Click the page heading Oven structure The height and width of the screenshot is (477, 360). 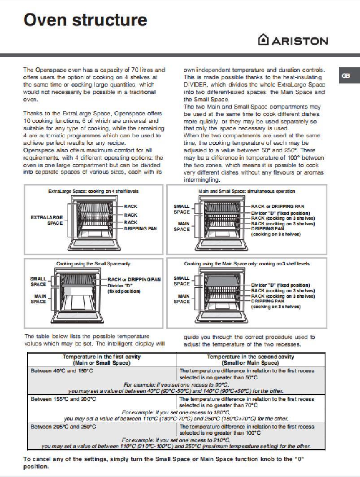click(85, 20)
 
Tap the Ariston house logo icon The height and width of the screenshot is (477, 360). click(263, 40)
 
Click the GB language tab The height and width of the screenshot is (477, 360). click(346, 76)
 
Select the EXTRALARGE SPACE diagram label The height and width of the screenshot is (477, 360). click(47, 220)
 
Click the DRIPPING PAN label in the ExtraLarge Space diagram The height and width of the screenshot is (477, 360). click(140, 228)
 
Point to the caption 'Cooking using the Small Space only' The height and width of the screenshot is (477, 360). click(93, 263)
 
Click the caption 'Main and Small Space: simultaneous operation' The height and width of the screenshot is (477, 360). click(247, 191)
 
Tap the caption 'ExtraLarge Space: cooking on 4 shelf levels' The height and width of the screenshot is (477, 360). click(93, 191)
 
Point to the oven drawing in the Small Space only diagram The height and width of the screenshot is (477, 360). click(82, 296)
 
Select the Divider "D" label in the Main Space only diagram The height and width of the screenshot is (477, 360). click(280, 285)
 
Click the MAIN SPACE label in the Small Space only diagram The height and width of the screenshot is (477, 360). click(39, 299)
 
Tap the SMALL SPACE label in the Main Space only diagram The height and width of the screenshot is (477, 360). click(182, 281)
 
